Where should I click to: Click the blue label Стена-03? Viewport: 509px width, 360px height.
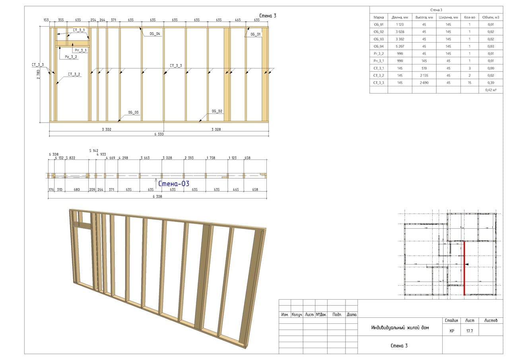click(x=174, y=184)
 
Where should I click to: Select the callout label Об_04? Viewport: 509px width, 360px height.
click(x=155, y=34)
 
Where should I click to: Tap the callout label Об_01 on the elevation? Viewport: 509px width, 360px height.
click(x=256, y=35)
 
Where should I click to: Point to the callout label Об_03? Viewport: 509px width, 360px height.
click(x=134, y=113)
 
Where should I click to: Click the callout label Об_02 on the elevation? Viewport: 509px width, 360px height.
click(x=217, y=111)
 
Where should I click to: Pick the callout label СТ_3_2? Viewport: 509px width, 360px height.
click(x=74, y=74)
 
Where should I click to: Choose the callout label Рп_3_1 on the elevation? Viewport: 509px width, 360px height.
click(x=80, y=51)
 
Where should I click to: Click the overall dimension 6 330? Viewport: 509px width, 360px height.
click(x=159, y=134)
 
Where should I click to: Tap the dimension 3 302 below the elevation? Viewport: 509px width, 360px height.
click(x=106, y=129)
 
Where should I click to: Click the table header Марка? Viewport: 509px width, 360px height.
click(x=379, y=17)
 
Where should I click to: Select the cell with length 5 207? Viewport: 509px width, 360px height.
click(x=400, y=46)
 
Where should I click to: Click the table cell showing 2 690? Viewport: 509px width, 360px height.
click(x=424, y=83)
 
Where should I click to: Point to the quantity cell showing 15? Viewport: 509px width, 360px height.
click(x=470, y=83)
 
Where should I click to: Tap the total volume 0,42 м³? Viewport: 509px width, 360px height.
click(x=491, y=90)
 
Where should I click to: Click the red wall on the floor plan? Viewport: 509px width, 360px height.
click(x=464, y=268)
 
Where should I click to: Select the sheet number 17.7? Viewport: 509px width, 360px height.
click(x=469, y=331)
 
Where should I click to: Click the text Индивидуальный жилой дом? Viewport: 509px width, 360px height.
click(x=400, y=328)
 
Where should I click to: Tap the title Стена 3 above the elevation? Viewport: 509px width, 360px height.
click(x=268, y=16)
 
